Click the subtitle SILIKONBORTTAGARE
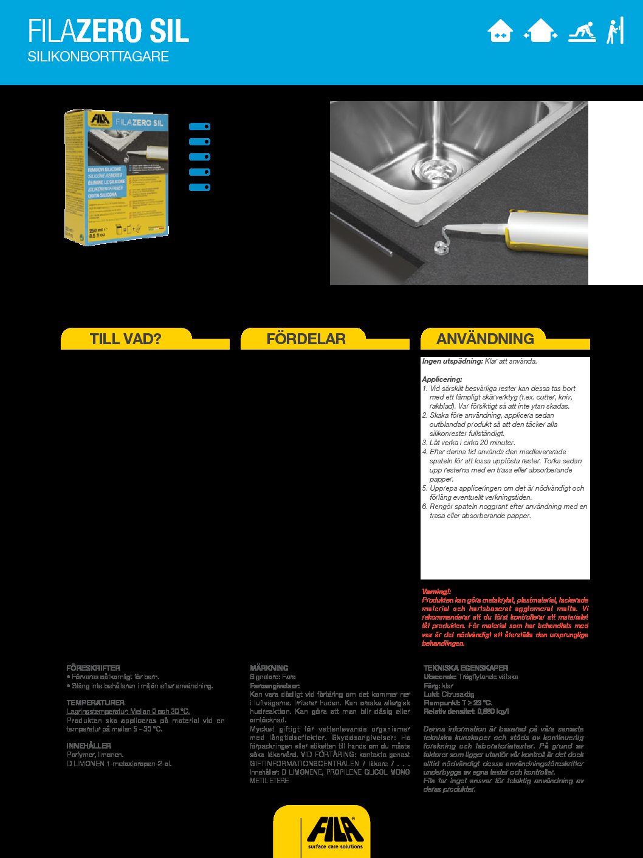point(98,57)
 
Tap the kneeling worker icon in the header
point(582,31)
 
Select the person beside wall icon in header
point(615,31)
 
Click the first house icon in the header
point(500,31)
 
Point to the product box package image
point(116,176)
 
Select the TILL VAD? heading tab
point(126,339)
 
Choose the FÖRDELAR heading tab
point(306,339)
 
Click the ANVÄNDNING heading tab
point(485,339)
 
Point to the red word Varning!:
point(436,591)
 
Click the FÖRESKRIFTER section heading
point(93,668)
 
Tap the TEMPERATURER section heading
point(95,702)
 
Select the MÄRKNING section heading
point(269,668)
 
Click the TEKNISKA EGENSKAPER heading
point(466,668)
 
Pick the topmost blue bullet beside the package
point(199,126)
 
